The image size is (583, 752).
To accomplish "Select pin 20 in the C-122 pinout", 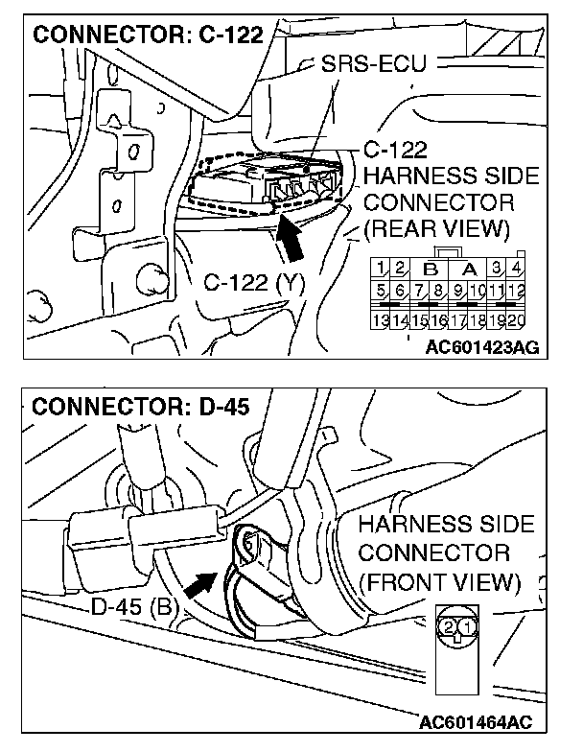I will click(x=516, y=320).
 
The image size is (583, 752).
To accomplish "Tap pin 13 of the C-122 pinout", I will click(x=382, y=320).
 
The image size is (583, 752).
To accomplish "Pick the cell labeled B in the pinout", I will click(x=430, y=268).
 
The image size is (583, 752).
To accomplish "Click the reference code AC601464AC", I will click(x=476, y=719).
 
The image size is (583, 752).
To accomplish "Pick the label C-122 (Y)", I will click(x=249, y=283).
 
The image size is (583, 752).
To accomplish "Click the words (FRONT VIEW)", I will click(x=440, y=582).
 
